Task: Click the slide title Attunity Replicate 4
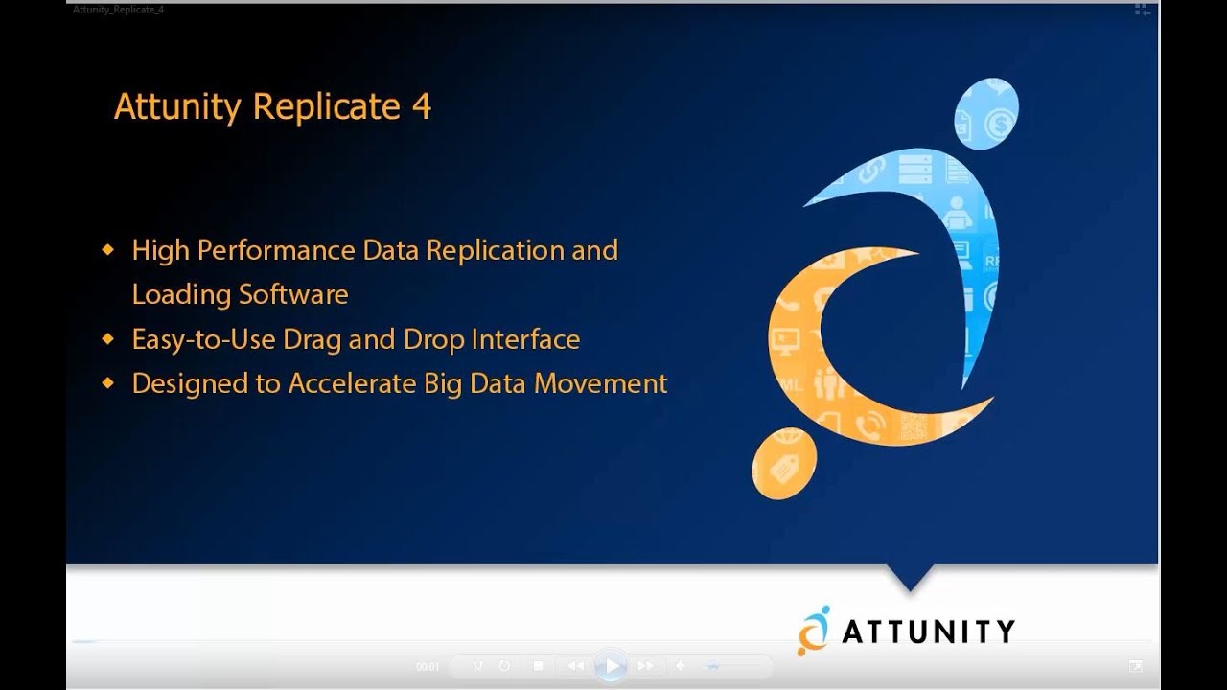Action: click(272, 106)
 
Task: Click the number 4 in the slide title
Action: click(422, 106)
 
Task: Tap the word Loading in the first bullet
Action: click(182, 294)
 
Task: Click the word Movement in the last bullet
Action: click(600, 383)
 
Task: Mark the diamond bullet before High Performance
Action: click(108, 250)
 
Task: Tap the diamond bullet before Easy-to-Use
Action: click(108, 338)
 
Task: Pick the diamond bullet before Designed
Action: click(108, 382)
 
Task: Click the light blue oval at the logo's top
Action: click(985, 113)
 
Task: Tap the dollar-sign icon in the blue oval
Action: click(1001, 123)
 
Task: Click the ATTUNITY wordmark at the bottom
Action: click(928, 631)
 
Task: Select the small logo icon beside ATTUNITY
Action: click(814, 630)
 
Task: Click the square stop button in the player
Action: click(539, 665)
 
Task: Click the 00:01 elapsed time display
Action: click(428, 666)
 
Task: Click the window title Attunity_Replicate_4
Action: click(119, 10)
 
